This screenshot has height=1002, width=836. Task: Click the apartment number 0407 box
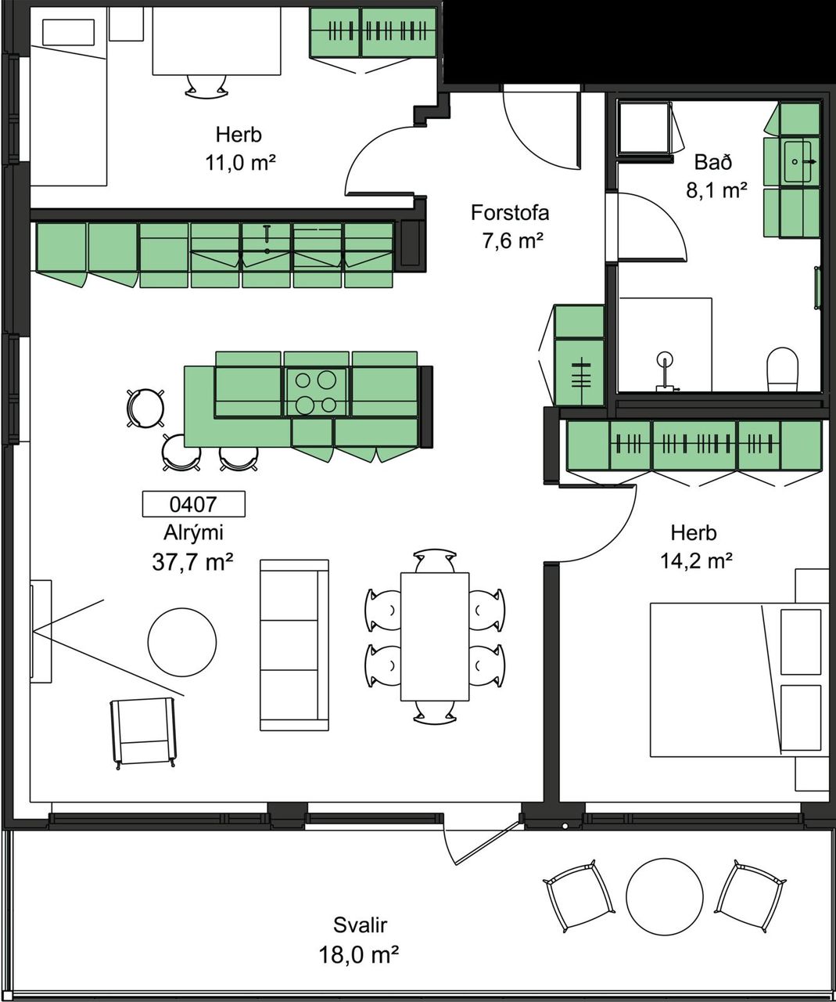pos(194,504)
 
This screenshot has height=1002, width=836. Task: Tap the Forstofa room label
pos(510,213)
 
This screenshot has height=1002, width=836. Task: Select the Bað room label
pos(713,162)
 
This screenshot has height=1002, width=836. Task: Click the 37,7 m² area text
pos(192,562)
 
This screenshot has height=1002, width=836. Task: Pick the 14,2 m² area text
pos(696,560)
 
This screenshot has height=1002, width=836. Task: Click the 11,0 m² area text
pos(240,163)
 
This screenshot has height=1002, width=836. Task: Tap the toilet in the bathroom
pos(782,369)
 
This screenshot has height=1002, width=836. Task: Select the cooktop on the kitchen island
pos(316,391)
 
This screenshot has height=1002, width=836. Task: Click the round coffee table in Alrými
pos(182,641)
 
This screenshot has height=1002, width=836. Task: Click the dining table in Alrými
pos(435,636)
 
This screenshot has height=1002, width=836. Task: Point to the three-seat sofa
pos(294,645)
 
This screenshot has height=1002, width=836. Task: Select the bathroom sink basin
pos(798,162)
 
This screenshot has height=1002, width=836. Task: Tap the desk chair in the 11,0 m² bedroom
pos(206,88)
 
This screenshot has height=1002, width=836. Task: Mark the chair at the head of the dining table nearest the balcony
pos(434,712)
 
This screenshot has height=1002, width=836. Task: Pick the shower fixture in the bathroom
pos(665,370)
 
